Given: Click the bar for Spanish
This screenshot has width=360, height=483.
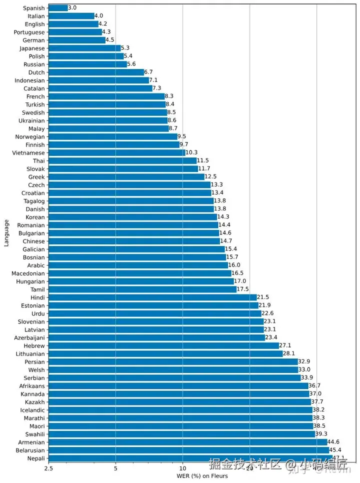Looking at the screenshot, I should tap(58, 8).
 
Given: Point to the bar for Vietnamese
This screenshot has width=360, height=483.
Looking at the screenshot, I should tap(116, 152).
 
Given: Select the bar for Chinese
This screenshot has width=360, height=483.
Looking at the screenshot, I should tap(134, 241).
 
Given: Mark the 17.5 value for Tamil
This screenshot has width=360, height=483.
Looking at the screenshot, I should tap(242, 289).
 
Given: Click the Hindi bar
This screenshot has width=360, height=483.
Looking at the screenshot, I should tap(152, 297).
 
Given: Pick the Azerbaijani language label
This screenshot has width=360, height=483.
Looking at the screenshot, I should tap(29, 337).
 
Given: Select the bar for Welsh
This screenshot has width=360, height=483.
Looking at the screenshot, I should tap(173, 370).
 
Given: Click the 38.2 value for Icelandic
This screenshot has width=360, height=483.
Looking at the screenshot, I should tap(319, 410).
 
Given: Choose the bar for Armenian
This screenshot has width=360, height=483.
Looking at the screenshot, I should tap(187, 442).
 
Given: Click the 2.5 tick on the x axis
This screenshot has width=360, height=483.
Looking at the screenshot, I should tap(48, 468).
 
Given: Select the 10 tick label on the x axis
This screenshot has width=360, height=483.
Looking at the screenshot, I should tap(182, 468).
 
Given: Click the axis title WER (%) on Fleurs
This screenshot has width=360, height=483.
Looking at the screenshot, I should tap(202, 476).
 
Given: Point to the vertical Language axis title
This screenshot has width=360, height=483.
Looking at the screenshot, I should tap(6, 233).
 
